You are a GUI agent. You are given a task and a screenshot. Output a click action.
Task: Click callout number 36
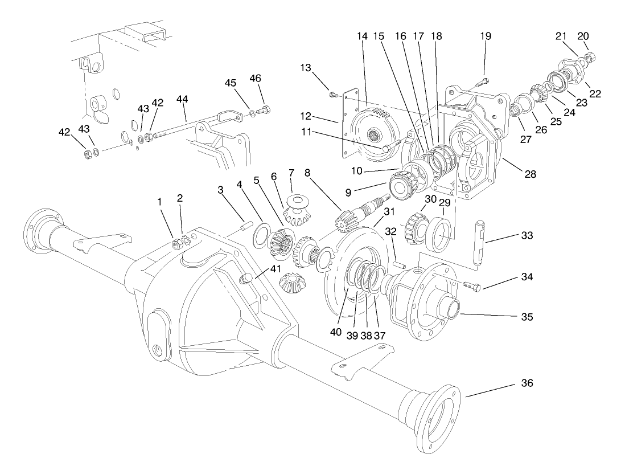(527, 383)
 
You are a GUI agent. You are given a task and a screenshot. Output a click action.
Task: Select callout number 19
(485, 35)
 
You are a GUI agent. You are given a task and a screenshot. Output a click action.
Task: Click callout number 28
(531, 174)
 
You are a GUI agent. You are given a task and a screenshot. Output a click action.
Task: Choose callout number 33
(527, 235)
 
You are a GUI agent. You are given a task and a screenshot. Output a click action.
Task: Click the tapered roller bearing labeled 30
(416, 227)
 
